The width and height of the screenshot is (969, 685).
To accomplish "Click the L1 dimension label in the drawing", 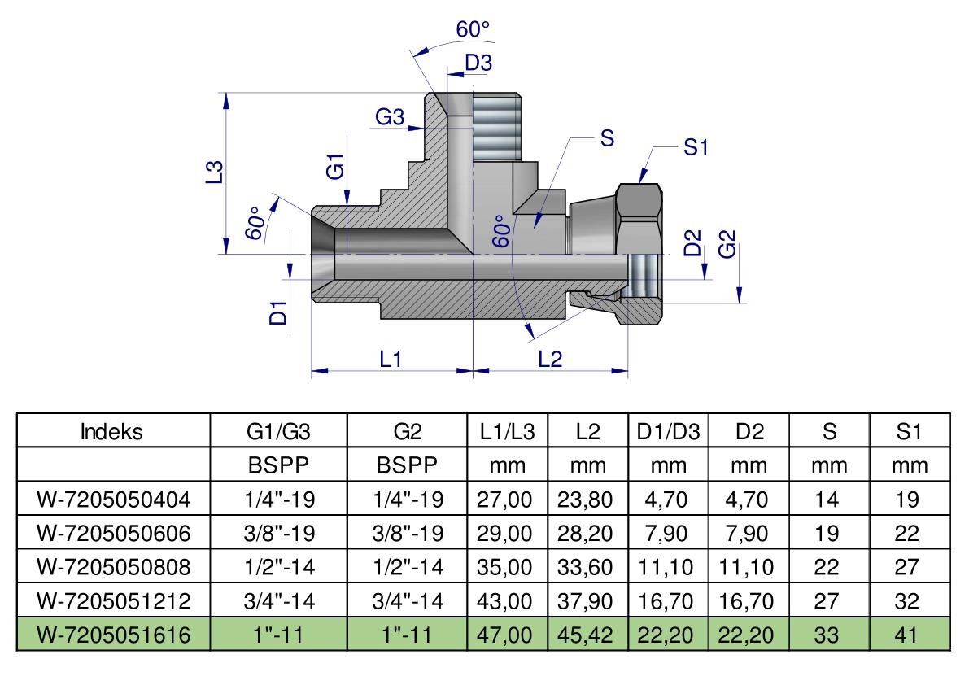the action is [390, 358].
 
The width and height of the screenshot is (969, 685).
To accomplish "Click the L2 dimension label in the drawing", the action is [550, 358].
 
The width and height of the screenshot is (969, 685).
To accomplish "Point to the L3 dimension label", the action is [214, 172].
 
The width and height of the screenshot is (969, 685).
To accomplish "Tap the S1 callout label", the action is [696, 147].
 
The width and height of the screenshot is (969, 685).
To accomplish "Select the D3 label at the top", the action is [478, 63].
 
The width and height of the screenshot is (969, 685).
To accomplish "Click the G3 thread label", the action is [390, 116].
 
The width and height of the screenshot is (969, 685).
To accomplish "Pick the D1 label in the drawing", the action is [279, 313].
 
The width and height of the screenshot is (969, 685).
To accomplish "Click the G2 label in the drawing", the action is [727, 243].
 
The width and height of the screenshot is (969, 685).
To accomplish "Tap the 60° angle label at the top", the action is [472, 28].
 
